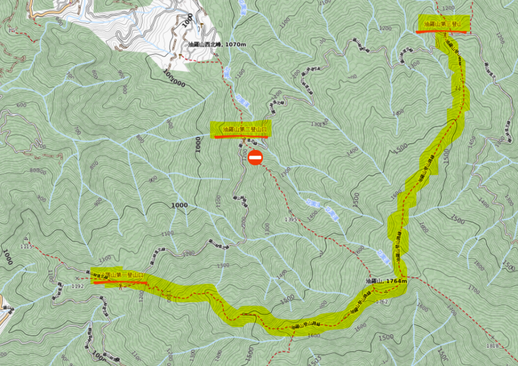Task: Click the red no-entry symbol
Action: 255,158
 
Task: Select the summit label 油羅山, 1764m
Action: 386,281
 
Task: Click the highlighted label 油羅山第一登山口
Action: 119,275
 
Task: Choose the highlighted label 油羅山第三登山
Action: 442,24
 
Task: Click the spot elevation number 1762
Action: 381,301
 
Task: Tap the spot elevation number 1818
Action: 493,346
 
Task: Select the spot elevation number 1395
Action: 291,220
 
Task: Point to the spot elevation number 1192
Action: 78,286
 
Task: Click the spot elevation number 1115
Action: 26,246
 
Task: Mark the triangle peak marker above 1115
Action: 26,239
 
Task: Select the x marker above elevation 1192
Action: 77,279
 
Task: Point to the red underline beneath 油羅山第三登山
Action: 442,32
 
